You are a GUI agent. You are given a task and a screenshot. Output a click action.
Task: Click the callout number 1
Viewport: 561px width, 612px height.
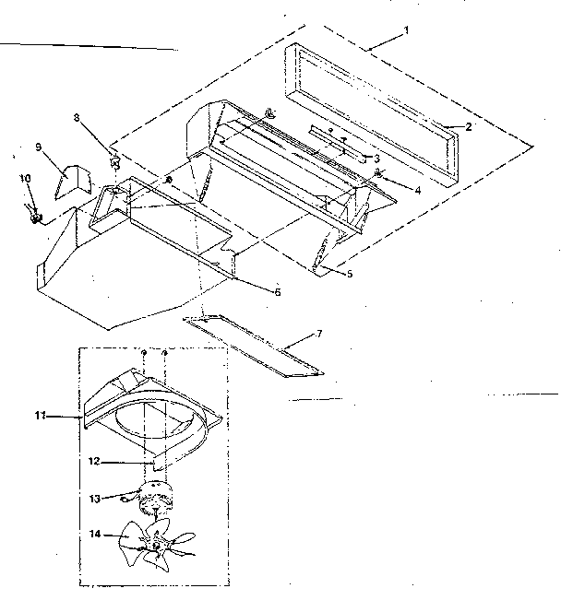(406, 30)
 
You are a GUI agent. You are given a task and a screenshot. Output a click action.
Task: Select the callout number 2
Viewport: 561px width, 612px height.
(468, 126)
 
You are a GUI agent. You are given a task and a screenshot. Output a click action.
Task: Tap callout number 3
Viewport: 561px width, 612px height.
(376, 159)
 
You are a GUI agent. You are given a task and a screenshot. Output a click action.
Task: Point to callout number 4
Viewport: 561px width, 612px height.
(418, 191)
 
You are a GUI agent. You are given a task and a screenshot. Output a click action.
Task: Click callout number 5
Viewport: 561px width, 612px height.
(350, 274)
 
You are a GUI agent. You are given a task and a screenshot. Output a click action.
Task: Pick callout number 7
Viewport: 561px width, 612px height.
(318, 334)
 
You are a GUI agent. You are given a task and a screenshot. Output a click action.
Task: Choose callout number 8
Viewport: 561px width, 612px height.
(77, 117)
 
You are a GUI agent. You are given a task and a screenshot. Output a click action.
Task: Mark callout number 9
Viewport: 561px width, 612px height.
(38, 147)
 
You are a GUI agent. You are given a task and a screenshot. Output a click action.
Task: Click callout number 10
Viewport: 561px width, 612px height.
(25, 179)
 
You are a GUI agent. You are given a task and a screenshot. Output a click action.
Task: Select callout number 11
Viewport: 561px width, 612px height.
(41, 416)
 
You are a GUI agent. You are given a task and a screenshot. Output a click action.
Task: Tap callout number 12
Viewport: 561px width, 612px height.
(94, 462)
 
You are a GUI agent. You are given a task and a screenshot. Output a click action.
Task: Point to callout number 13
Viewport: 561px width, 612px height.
(95, 499)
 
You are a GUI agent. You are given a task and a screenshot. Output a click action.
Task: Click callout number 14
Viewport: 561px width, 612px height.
(95, 534)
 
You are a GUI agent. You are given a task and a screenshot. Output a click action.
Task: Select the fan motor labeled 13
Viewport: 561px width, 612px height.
(154, 498)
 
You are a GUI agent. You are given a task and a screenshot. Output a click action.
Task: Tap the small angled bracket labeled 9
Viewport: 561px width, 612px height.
(74, 182)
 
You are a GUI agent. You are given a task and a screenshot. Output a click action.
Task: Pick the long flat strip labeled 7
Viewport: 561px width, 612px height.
(253, 346)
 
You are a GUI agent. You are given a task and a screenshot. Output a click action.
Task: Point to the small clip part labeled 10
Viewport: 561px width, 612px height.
(34, 215)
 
